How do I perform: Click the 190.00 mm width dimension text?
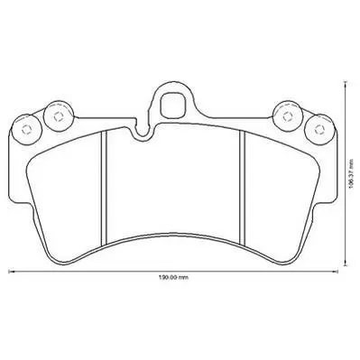click(x=173, y=278)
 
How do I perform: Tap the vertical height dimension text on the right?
click(x=350, y=174)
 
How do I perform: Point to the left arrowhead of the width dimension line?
click(x=11, y=271)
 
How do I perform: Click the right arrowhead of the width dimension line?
click(x=337, y=271)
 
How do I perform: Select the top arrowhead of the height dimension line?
click(x=346, y=83)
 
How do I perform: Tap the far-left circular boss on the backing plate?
click(x=26, y=129)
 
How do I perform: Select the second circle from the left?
click(x=59, y=115)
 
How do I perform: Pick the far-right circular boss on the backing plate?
click(x=319, y=129)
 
